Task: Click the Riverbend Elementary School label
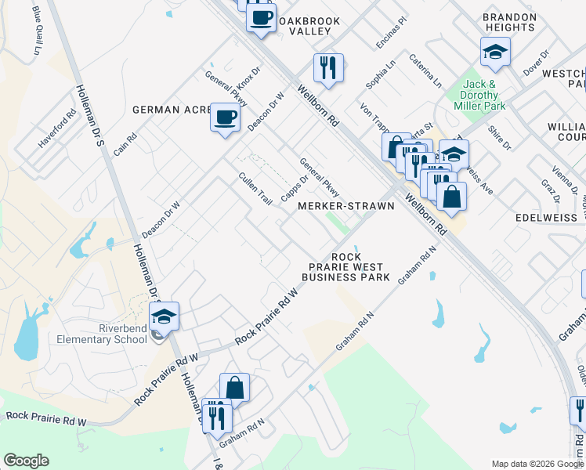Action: coord(101,334)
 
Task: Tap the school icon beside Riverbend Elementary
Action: coord(164,317)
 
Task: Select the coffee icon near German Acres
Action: coord(225,118)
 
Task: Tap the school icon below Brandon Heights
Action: coord(495,52)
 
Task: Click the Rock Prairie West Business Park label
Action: coord(346,267)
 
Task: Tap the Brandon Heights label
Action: coord(509,22)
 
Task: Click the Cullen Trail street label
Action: coord(255,189)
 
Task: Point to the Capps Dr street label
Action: coord(294,178)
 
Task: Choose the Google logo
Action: coord(26,461)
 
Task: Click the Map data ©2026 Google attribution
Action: coord(537,464)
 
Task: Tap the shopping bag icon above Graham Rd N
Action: coord(234,387)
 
